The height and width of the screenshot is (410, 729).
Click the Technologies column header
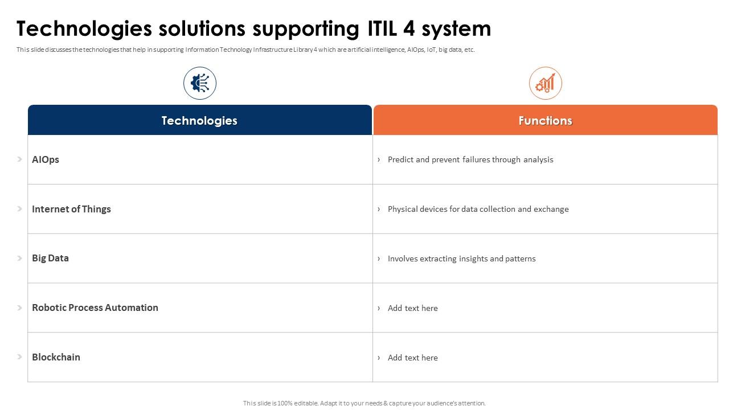coord(199,121)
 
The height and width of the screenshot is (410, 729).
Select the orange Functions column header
coord(545,121)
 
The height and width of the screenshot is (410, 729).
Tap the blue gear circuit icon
coord(200,84)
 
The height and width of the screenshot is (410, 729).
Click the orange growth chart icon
coord(545,84)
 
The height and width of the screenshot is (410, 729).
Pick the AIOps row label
coord(46,159)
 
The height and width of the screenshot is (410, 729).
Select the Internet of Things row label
coord(71,209)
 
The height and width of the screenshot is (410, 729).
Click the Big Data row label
coord(50,258)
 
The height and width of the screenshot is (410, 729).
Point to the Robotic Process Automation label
coord(95,307)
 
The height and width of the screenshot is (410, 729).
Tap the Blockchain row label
coord(56,357)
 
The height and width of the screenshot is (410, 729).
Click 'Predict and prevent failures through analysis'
coord(470,159)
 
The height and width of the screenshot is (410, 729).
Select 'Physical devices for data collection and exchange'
coord(478,209)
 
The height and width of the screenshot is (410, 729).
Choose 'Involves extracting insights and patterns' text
coord(461,259)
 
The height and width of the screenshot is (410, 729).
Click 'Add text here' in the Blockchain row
coord(412,358)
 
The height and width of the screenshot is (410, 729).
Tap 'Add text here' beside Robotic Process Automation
coord(412,308)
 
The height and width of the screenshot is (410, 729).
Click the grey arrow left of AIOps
coord(19,159)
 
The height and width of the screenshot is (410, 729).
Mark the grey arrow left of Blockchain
coord(19,357)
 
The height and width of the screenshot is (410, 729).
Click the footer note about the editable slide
coord(364,403)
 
